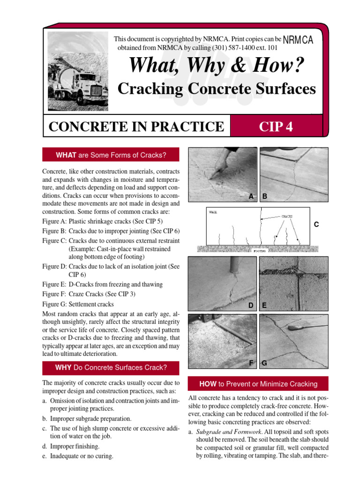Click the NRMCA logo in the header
(x=298, y=41)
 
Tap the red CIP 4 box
(x=276, y=126)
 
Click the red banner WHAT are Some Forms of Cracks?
(x=111, y=155)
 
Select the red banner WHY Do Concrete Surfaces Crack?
(x=111, y=367)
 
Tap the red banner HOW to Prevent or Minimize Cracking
(x=258, y=384)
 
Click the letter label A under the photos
(x=251, y=197)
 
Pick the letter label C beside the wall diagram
(x=316, y=225)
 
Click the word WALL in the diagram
(x=213, y=212)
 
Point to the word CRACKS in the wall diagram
(x=287, y=217)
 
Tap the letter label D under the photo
(x=251, y=306)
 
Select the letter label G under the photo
(x=264, y=363)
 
